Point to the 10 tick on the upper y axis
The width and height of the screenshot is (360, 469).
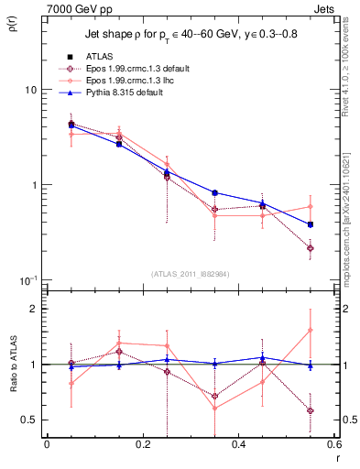click(x=27, y=91)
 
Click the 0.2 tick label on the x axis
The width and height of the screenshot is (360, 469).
click(x=142, y=444)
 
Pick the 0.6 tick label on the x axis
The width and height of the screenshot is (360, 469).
click(x=335, y=444)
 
